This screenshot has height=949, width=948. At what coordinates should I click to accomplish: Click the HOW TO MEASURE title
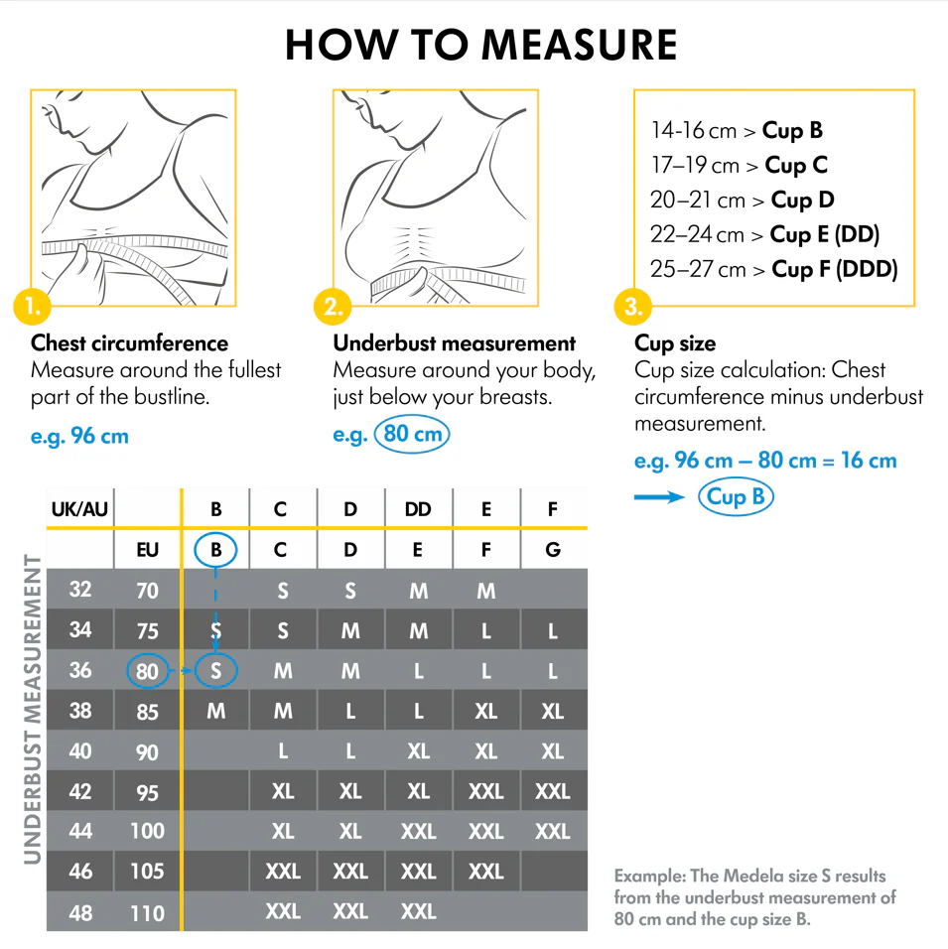[x=480, y=45]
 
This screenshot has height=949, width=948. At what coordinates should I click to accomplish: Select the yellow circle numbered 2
[x=333, y=307]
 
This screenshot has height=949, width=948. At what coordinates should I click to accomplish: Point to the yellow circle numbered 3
[x=633, y=307]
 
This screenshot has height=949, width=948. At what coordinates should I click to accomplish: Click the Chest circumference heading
[x=130, y=343]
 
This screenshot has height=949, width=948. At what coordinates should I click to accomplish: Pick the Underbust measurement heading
[x=454, y=343]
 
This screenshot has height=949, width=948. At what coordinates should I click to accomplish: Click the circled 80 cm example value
[x=412, y=435]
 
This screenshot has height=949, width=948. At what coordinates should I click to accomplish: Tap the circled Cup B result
[x=736, y=496]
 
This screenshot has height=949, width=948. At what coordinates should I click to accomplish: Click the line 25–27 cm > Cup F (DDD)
[x=774, y=269]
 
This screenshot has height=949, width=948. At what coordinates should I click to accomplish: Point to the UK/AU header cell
[x=79, y=510]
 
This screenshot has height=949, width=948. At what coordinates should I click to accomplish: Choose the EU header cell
[x=147, y=549]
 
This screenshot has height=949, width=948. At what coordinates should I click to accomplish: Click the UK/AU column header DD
[x=418, y=510]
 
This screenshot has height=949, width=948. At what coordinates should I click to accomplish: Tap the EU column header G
[x=553, y=549]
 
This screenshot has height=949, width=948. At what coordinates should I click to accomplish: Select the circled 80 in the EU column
[x=147, y=671]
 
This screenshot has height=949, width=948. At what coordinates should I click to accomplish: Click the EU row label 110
[x=147, y=911]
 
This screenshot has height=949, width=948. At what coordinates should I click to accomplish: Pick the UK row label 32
[x=80, y=590]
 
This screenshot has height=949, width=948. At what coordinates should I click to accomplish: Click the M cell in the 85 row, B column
[x=215, y=712]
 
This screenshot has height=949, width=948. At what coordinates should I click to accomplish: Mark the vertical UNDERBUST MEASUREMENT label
[x=31, y=709]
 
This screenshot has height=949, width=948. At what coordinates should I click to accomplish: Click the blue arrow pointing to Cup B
[x=660, y=497]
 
